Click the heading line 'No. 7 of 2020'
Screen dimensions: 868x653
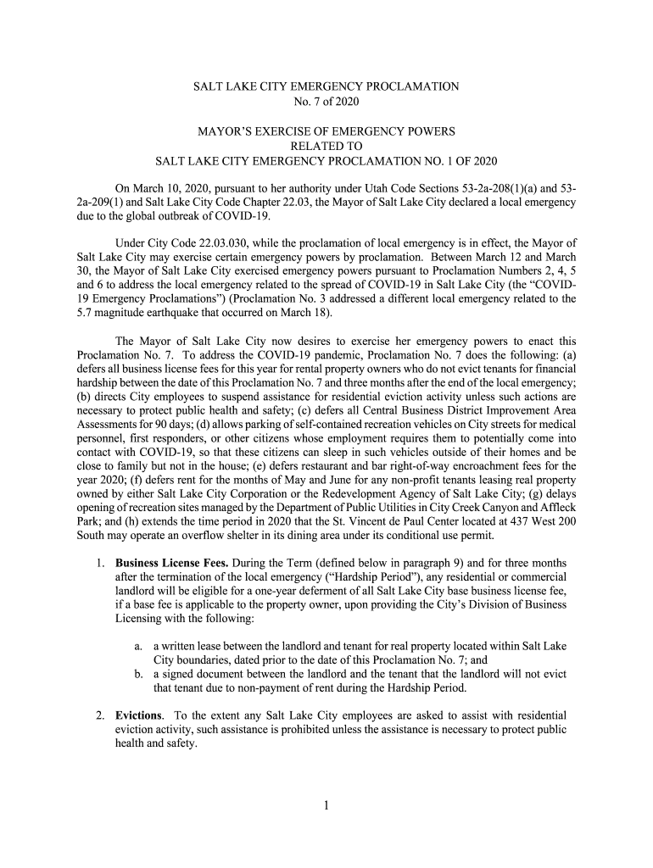click(326, 102)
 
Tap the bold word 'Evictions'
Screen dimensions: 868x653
click(138, 715)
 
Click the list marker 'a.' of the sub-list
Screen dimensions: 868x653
click(138, 646)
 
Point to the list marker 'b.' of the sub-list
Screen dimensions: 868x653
click(138, 673)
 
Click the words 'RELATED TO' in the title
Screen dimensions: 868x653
click(326, 146)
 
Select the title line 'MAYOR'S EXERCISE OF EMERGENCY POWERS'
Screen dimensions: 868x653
click(326, 131)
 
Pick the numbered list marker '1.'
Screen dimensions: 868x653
click(100, 562)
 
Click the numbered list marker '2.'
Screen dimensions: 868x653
click(100, 715)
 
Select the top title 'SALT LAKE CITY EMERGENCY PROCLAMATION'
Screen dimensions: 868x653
click(326, 86)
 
